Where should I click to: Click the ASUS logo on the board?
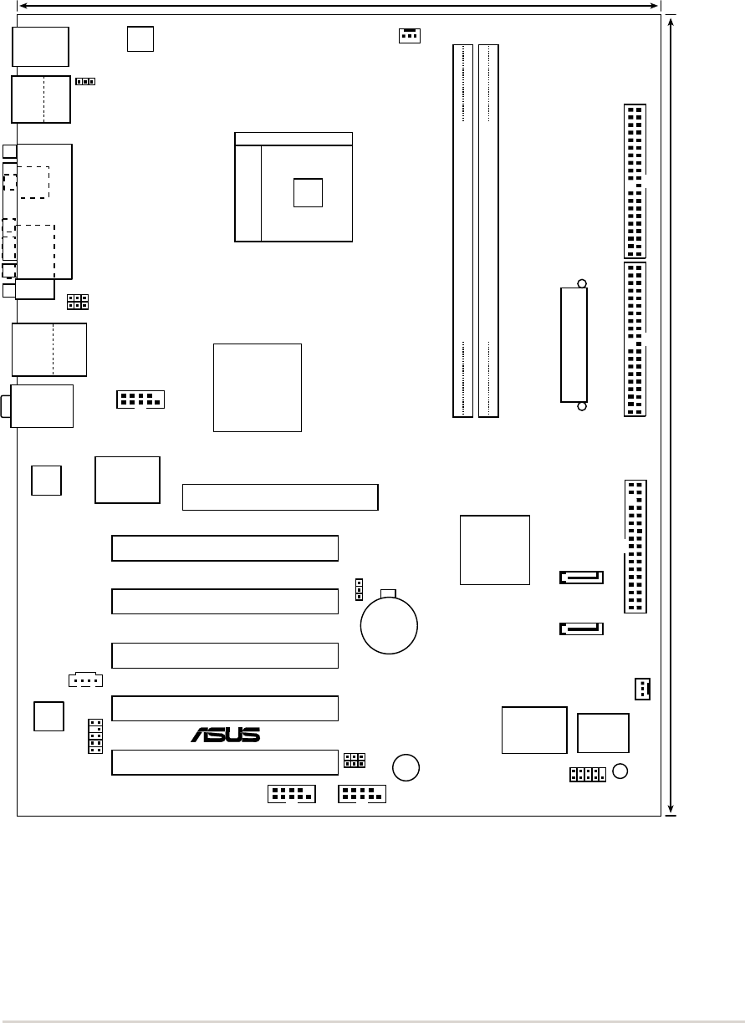(226, 735)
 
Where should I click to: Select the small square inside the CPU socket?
(308, 192)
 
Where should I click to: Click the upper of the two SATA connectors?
(581, 577)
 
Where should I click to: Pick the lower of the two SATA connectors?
(581, 628)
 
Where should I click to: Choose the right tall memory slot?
(489, 230)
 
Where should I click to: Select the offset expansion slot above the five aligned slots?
(280, 497)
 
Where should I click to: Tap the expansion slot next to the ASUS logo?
(225, 708)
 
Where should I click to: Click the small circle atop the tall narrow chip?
(582, 283)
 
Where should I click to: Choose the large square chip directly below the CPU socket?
(257, 387)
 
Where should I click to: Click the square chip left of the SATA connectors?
(495, 549)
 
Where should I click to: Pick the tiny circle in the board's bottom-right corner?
(620, 771)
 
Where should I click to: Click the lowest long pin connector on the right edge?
(635, 547)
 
